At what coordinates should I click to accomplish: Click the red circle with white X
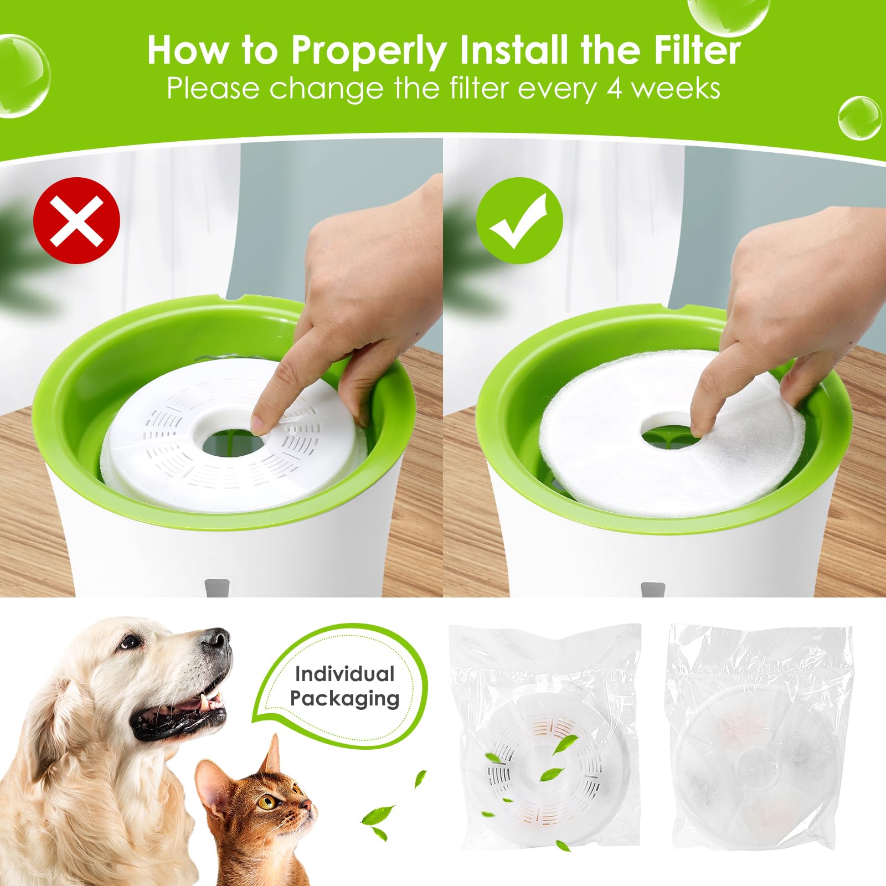click(x=77, y=220)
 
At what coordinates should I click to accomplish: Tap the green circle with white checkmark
click(x=519, y=220)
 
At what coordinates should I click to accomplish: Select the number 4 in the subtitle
click(x=615, y=89)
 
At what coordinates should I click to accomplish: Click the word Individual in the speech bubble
click(x=344, y=674)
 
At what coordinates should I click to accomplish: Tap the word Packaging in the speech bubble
click(x=344, y=699)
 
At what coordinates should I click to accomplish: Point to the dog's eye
click(x=131, y=642)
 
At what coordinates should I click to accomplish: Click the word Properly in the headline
click(x=369, y=51)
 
